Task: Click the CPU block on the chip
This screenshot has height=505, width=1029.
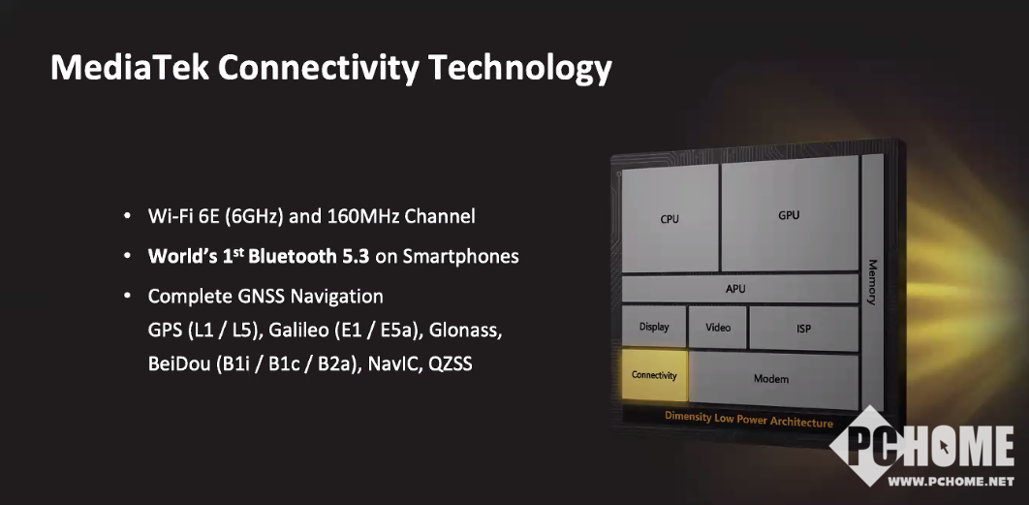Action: tap(670, 219)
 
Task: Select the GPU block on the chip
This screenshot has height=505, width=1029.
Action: tap(790, 214)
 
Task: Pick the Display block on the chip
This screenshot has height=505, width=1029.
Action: tap(654, 327)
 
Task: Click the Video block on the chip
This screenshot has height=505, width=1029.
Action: tap(718, 327)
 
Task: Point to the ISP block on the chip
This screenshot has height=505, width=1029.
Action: tap(804, 329)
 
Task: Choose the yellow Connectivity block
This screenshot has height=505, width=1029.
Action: tap(654, 375)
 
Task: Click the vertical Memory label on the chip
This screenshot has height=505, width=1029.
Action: tap(872, 282)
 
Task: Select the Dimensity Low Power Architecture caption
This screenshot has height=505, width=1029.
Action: tap(749, 419)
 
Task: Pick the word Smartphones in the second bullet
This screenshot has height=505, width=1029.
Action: tap(460, 257)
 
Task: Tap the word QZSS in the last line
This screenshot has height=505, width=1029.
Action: tap(451, 363)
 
